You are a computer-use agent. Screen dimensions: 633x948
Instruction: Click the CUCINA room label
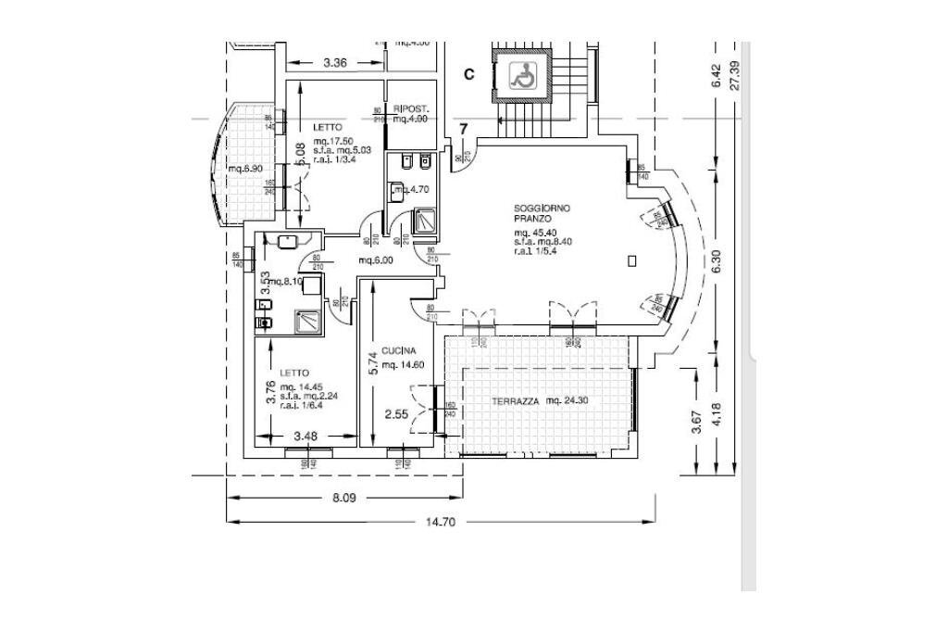(397, 350)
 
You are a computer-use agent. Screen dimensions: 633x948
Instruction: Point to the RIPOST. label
(408, 108)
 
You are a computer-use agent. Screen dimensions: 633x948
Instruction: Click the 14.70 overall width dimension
(442, 522)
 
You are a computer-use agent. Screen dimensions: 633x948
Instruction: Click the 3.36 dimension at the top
(335, 63)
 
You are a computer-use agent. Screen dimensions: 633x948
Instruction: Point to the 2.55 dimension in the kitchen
(396, 413)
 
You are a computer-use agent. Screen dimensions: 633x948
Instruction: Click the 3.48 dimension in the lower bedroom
(307, 435)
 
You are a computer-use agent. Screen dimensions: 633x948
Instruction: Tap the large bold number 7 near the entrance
(464, 128)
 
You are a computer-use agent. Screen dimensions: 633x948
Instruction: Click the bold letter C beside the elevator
(469, 74)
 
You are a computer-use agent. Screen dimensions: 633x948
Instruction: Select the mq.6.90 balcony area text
(246, 169)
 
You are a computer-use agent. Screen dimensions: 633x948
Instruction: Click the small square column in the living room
(631, 261)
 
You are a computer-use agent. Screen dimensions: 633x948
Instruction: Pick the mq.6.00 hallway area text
(376, 260)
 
